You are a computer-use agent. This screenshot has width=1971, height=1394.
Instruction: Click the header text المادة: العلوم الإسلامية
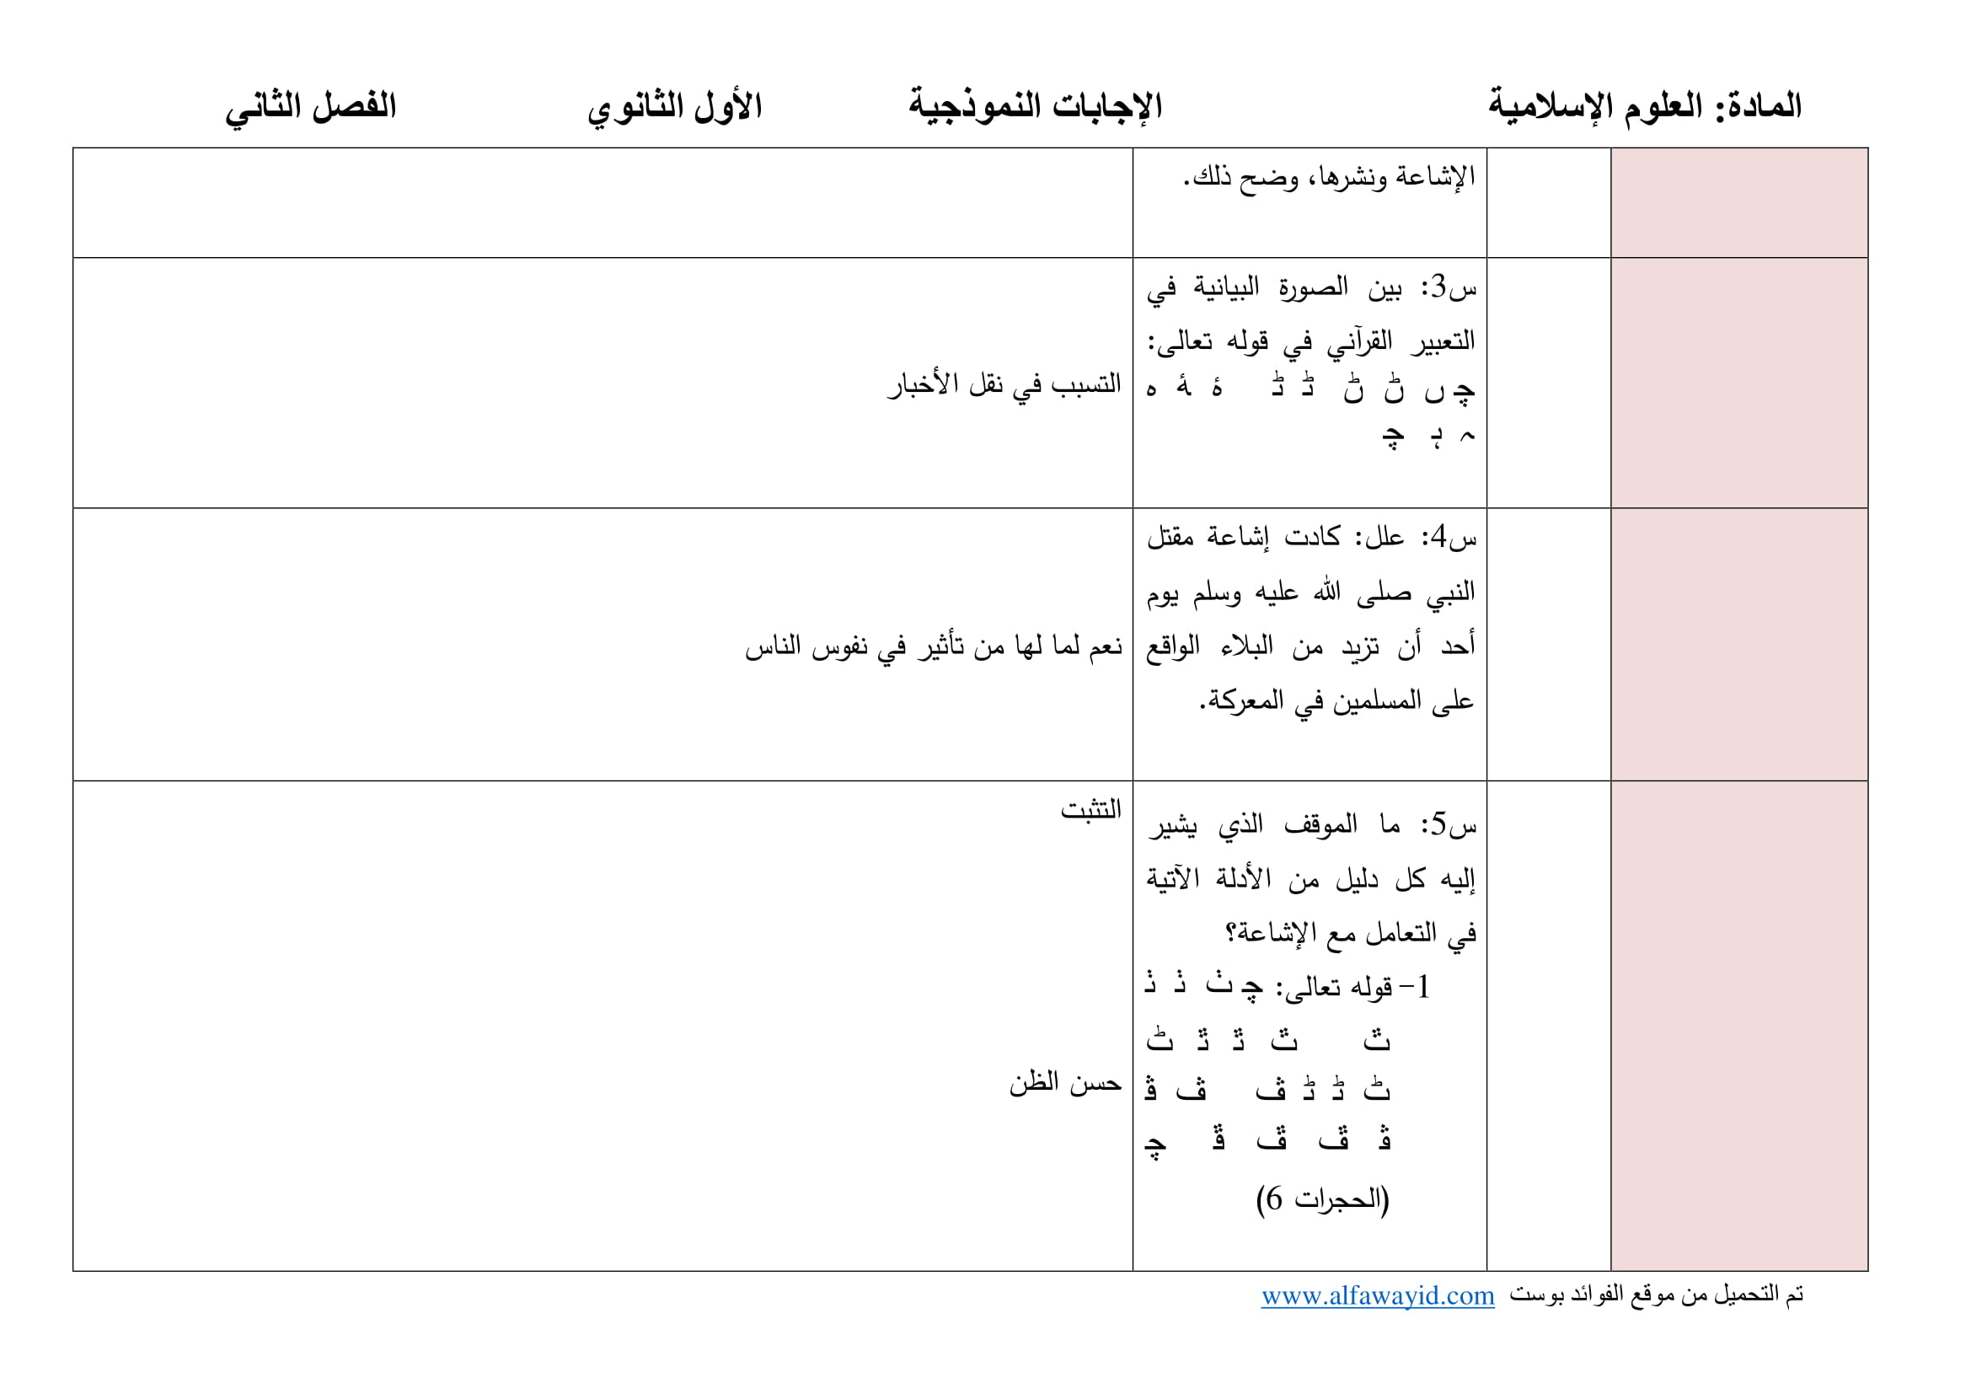[1644, 106]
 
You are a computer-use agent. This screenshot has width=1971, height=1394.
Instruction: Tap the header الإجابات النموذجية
[1036, 106]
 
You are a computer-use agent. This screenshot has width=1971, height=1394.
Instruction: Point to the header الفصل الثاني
[311, 106]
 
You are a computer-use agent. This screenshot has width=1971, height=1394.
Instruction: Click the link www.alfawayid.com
[1377, 1296]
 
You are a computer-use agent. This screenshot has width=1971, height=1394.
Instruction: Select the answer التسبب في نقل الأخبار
[1004, 384]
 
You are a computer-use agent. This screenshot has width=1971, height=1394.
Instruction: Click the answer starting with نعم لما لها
[933, 647]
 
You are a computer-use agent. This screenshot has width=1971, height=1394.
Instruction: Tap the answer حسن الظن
[1065, 1084]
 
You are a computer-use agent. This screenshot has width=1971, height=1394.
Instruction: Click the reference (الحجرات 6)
[1322, 1199]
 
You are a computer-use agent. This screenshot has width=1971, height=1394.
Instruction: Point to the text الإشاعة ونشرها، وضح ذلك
[1329, 178]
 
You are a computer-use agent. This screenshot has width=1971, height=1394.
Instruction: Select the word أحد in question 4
[1458, 646]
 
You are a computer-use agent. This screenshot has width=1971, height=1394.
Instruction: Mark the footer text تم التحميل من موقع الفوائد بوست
[1656, 1295]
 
